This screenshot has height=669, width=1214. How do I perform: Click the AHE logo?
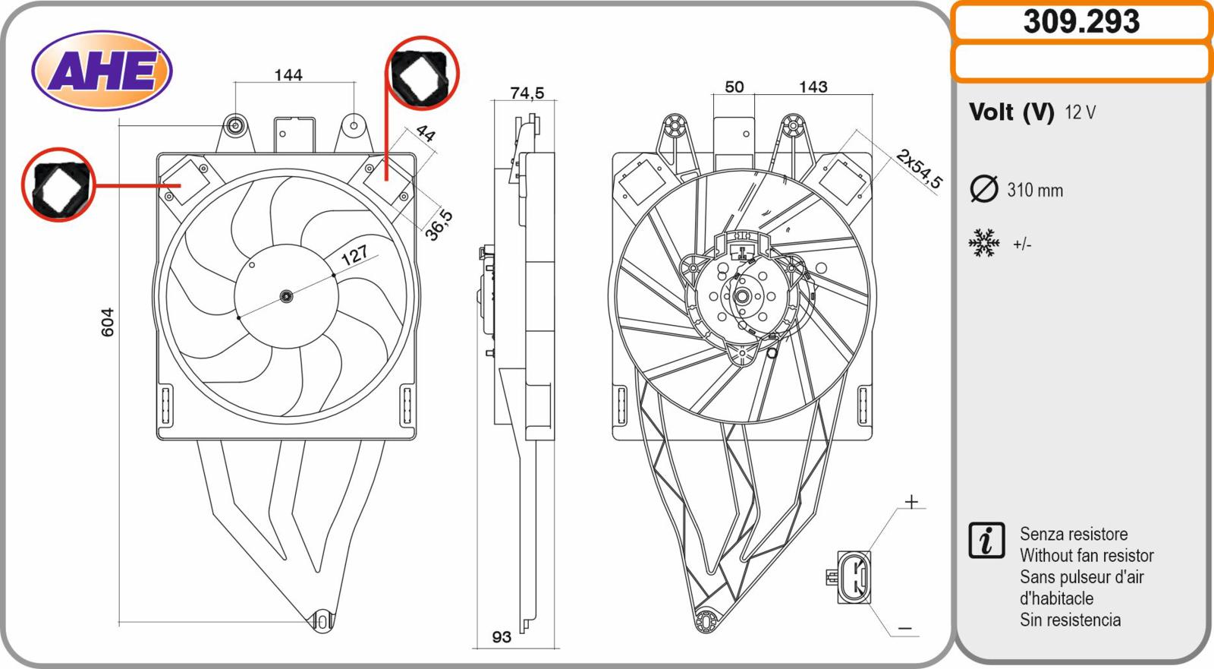point(102,71)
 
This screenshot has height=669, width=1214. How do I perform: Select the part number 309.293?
point(1081,22)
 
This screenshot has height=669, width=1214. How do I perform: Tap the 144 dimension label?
point(288,75)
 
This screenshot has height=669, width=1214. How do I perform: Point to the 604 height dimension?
point(108,322)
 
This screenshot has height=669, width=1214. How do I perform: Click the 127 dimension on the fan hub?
point(354,254)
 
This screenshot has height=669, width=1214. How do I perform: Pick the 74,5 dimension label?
point(527,93)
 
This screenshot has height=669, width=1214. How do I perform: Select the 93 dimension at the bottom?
point(502,637)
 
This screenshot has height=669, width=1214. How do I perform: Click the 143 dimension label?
point(813,87)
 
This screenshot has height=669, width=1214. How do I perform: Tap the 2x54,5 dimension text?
point(919,169)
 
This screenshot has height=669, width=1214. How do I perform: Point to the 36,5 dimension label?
point(439,225)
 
